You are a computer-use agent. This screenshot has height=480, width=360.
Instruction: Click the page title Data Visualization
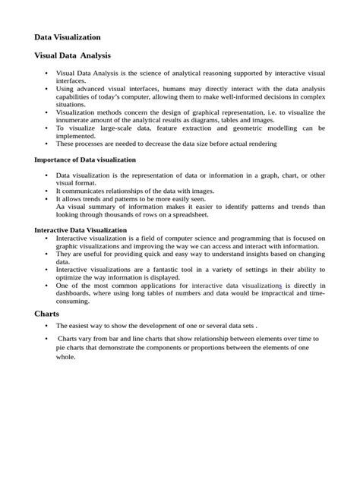68,36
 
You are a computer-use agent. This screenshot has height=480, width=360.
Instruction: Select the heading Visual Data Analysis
73,55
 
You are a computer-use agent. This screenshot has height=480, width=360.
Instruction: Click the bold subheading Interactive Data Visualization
81,230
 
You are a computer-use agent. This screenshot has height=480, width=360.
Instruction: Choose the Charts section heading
46,313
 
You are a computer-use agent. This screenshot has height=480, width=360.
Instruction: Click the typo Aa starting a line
60,206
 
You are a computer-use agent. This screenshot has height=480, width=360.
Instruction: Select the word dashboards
76,292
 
